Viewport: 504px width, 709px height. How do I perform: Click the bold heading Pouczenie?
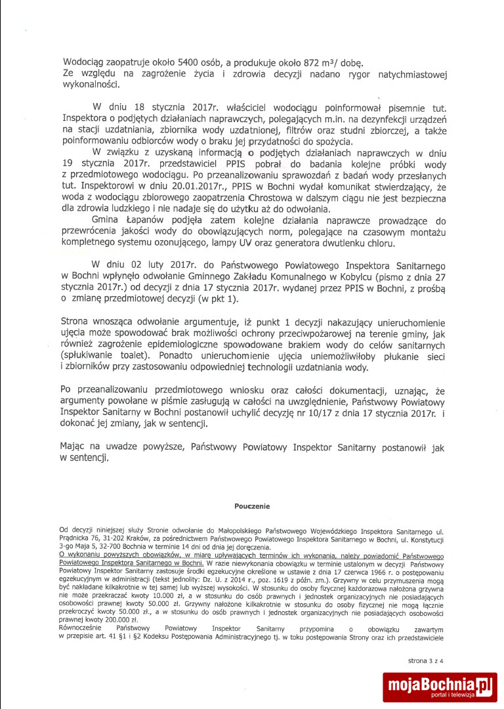click(x=252, y=506)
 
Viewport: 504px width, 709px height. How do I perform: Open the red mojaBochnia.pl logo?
click(x=440, y=687)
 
